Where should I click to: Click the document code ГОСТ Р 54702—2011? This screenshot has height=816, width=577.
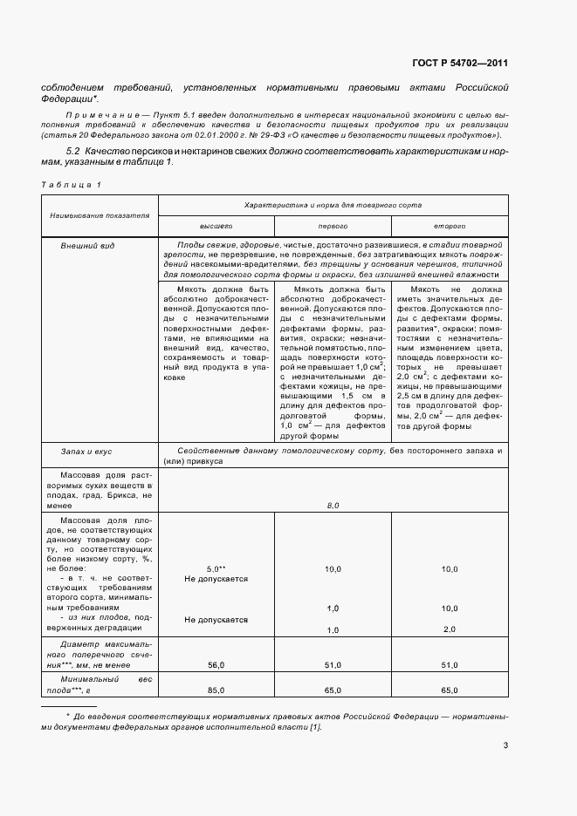tap(461, 64)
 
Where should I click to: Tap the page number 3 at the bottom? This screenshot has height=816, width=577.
tap(505, 745)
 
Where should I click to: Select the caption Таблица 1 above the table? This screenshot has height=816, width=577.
tap(72, 185)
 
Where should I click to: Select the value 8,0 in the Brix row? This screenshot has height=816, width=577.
tap(333, 505)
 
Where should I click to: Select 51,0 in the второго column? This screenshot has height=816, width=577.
tap(450, 665)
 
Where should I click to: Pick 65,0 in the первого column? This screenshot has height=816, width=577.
tap(333, 690)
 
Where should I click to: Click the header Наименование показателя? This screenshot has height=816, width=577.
tap(100, 214)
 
